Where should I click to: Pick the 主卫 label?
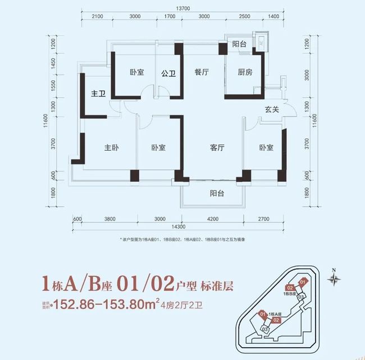point(99,94)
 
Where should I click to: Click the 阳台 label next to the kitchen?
point(240,43)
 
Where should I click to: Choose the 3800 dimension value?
point(110,218)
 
